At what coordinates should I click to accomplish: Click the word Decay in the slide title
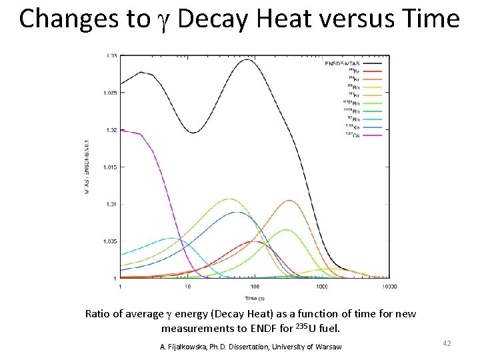coord(207,19)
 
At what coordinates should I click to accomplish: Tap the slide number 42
coord(447,343)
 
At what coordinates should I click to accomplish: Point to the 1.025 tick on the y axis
coord(109,93)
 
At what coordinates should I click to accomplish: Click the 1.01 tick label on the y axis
coord(111,204)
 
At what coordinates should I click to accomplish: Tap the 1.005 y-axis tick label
coord(109,241)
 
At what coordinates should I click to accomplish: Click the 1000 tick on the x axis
coord(322,287)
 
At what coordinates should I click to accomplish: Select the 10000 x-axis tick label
coord(389,287)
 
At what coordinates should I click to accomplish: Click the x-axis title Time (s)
coord(254,298)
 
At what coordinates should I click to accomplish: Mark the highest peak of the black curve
coord(247,60)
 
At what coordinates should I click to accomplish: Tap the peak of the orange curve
coord(289,201)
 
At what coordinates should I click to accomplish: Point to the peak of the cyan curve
coord(171,238)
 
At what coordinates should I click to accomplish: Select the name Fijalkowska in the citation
coord(193,347)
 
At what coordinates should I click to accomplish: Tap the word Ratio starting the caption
coord(99,313)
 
